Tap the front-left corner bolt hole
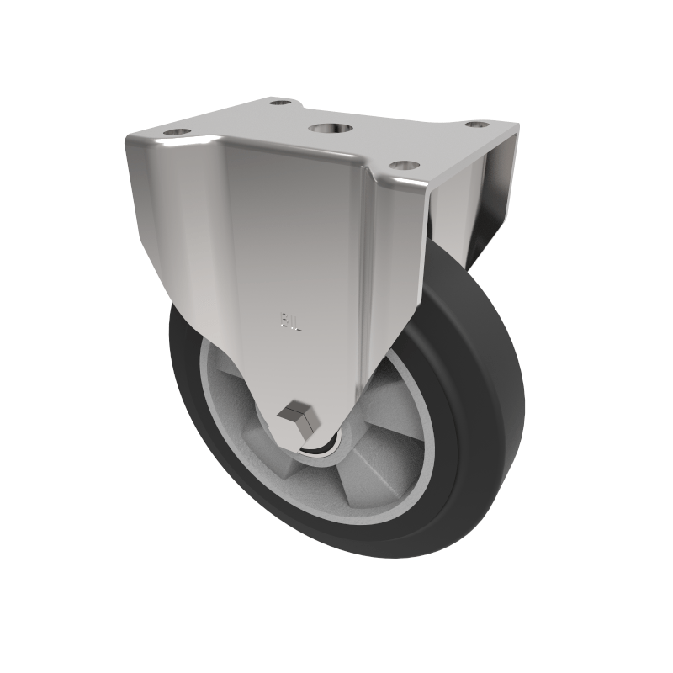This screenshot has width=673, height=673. coord(178,132)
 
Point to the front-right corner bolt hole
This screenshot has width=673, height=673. coord(405,166)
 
